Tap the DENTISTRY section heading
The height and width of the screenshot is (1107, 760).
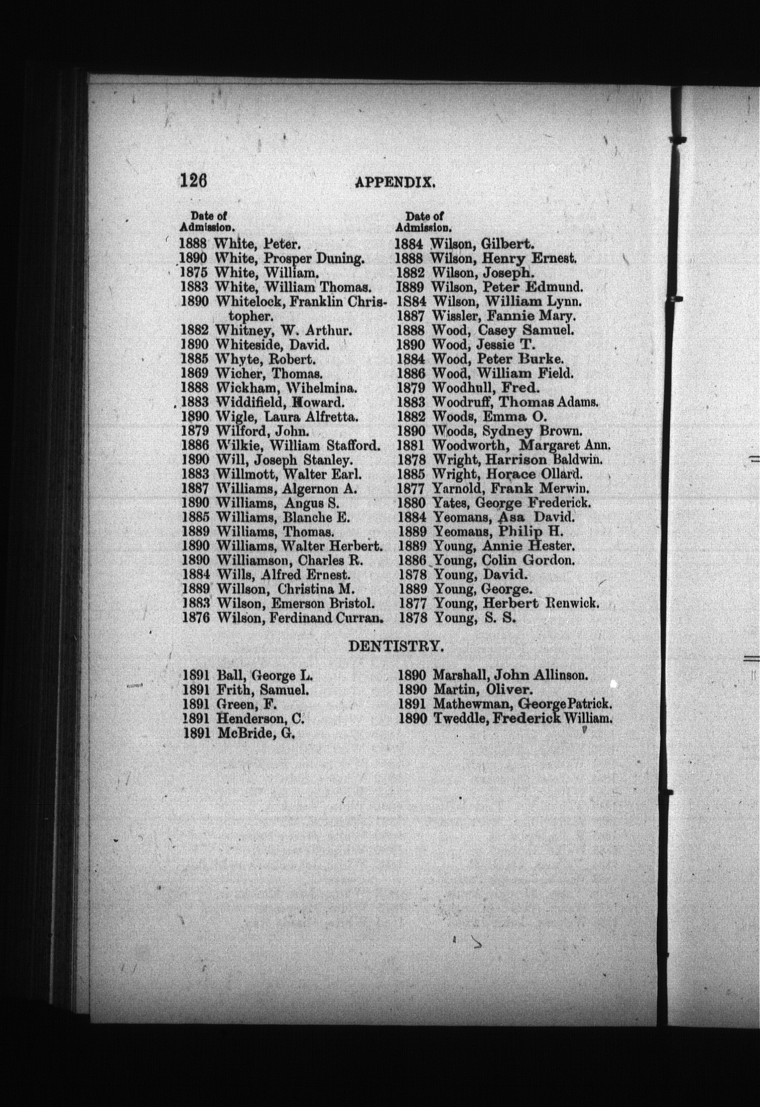(395, 646)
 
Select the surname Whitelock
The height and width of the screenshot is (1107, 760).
(249, 302)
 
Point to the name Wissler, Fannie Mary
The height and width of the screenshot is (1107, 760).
(504, 316)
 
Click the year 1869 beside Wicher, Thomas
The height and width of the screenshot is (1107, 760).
(195, 373)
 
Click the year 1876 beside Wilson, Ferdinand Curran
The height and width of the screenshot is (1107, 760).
(196, 618)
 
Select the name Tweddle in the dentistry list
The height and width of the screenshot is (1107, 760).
(461, 718)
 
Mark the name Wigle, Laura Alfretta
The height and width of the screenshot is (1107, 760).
(287, 417)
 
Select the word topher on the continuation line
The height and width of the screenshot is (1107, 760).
(251, 316)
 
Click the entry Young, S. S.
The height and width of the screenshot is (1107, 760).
(475, 618)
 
